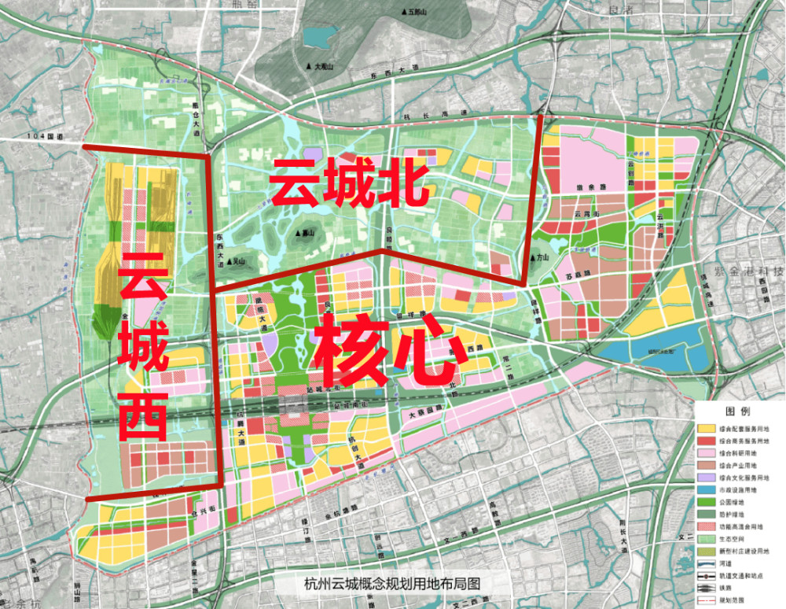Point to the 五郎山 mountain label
tap(414, 12)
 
